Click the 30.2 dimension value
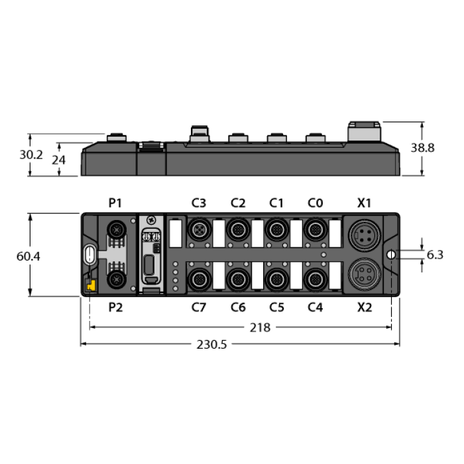coord(30,155)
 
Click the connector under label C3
coord(198,230)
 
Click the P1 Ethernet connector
coord(117,230)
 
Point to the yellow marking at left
coord(92,285)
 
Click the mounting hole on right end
coord(390,255)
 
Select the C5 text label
coord(276,307)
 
